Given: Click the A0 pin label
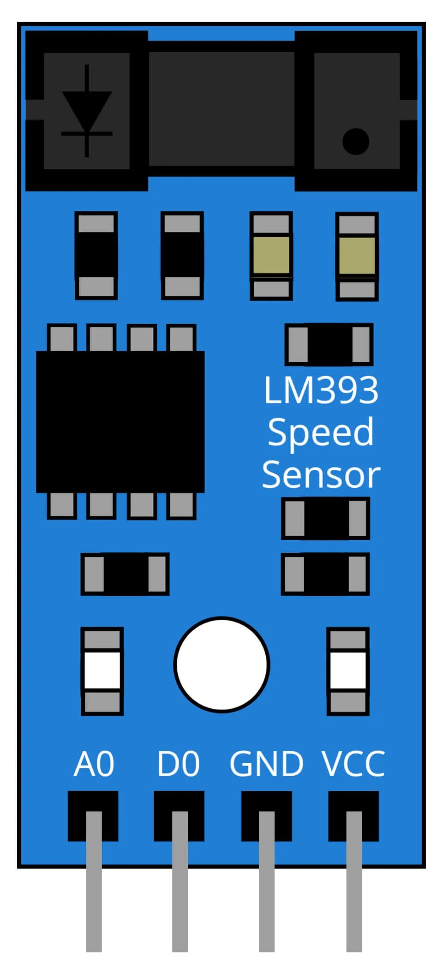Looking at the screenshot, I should click(94, 764).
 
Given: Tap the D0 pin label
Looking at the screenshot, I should click(178, 764).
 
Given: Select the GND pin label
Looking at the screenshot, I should click(266, 764).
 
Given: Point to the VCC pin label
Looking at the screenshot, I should click(353, 764).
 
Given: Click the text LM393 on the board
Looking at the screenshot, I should click(321, 390).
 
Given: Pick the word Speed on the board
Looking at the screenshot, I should click(321, 433).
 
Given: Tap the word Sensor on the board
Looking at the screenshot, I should click(321, 475).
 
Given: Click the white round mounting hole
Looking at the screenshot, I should click(222, 664).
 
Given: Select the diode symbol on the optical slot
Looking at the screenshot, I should click(87, 111).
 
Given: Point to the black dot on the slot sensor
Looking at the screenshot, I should click(356, 141).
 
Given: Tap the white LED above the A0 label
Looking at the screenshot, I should click(102, 671).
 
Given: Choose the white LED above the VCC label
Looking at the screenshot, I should click(348, 671).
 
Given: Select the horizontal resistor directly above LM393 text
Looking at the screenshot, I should click(329, 344).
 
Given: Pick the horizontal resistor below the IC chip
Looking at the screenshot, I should click(125, 574).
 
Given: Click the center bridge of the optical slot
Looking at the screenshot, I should click(221, 108).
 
